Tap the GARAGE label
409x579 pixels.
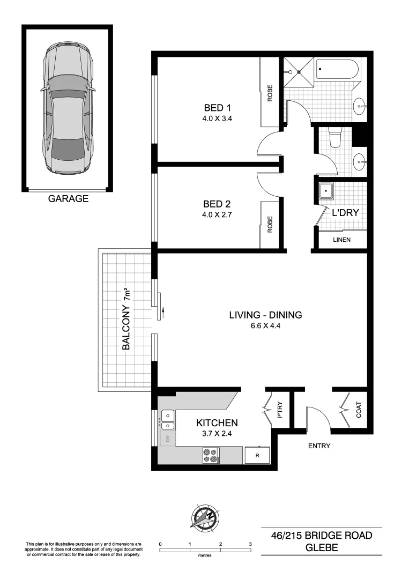[x=68, y=199]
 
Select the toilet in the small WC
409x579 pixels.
[x=335, y=138]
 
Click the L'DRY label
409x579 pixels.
[x=345, y=213]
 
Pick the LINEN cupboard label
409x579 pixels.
[x=341, y=240]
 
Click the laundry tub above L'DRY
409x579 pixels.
[x=326, y=191]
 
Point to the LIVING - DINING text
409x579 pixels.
[x=265, y=315]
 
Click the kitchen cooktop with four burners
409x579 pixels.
[x=211, y=455]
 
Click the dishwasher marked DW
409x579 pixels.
[x=167, y=439]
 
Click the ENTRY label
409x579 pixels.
[x=319, y=446]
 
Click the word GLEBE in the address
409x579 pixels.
[x=321, y=548]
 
